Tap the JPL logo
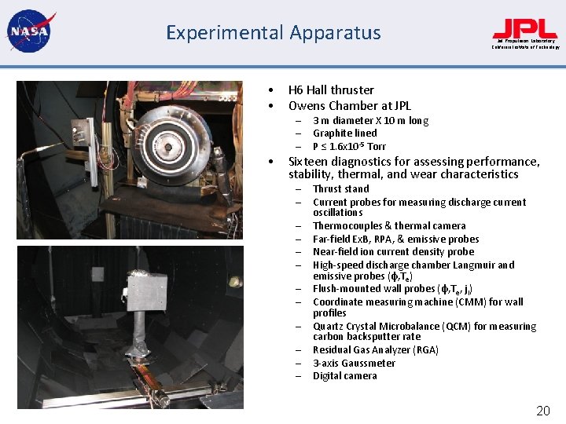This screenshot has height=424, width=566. (525, 30)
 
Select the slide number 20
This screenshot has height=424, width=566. (542, 411)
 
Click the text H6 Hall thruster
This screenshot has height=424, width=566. (331, 90)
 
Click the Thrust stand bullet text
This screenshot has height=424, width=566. (340, 189)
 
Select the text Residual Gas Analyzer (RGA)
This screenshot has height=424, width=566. (376, 350)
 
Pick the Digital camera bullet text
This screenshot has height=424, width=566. (344, 376)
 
